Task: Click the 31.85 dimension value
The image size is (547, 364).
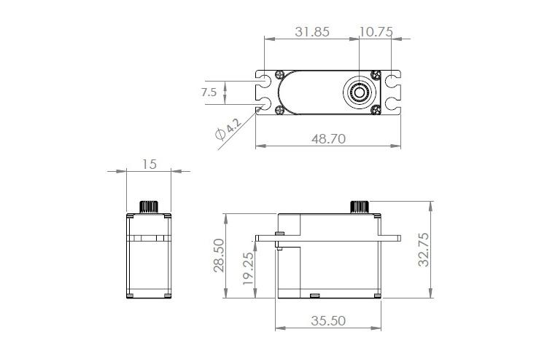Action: tap(312, 32)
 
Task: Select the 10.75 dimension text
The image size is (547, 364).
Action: tap(376, 32)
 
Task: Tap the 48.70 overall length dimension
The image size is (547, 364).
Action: tap(329, 138)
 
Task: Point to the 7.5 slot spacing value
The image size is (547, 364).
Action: tap(209, 92)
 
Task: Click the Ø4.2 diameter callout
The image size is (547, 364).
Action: tap(228, 129)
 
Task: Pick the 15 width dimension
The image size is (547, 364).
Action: tap(150, 164)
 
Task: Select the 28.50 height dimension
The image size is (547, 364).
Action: tap(219, 256)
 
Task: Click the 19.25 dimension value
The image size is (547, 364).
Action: tap(248, 268)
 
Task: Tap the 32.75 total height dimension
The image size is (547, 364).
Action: tap(424, 250)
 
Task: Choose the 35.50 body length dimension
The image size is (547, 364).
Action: tap(328, 320)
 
